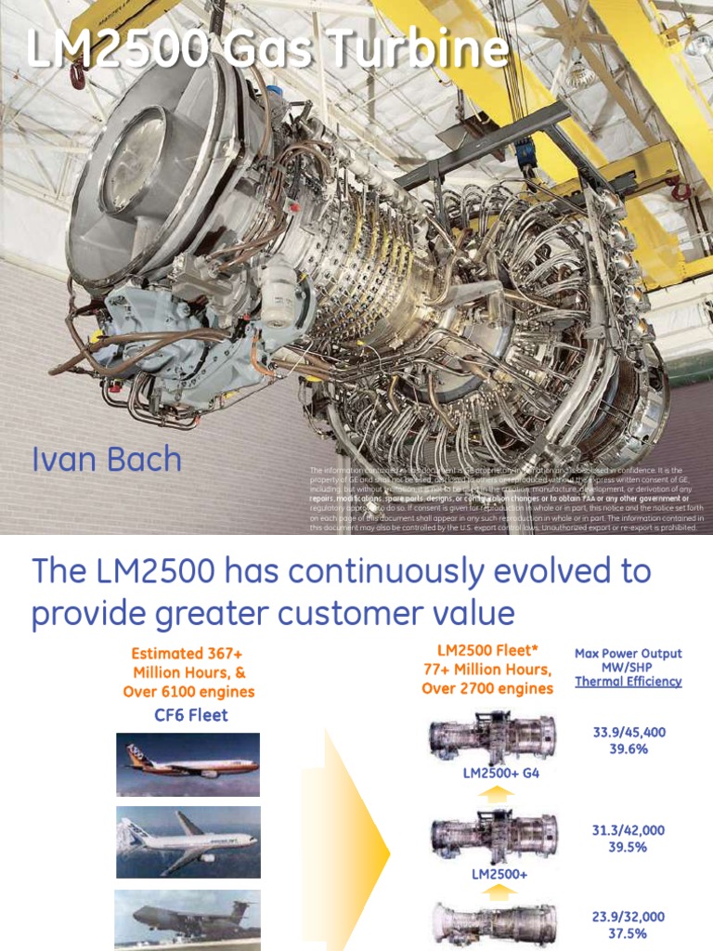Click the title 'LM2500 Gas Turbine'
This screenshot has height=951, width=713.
[x=268, y=50]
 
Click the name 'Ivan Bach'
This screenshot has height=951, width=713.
[x=107, y=460]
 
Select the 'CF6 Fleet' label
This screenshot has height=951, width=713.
[x=190, y=714]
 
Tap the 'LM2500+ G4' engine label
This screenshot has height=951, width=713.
[x=500, y=773]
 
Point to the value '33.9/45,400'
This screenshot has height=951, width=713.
[x=629, y=733]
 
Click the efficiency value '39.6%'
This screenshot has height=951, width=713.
[x=629, y=749]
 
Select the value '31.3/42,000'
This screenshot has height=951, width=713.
[x=629, y=830]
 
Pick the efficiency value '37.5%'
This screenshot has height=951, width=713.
[x=629, y=933]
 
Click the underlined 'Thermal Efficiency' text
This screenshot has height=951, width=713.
[x=629, y=681]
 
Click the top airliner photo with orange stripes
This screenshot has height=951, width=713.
[x=188, y=764]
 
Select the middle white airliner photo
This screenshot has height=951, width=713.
[x=188, y=841]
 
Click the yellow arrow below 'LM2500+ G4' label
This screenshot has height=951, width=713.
[x=500, y=793]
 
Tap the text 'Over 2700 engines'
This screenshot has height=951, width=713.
[x=487, y=688]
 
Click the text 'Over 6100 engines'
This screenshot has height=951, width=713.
[x=188, y=691]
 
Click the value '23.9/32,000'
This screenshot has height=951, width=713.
[x=629, y=917]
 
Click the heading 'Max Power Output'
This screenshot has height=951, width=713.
[x=629, y=654]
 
